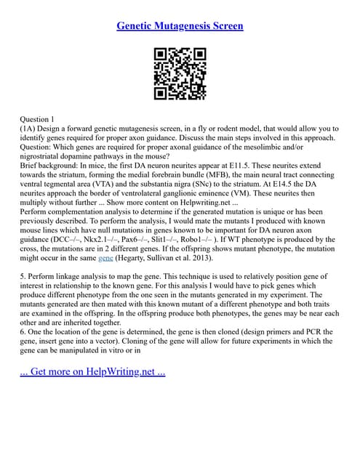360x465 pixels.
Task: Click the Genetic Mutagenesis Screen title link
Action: click(x=180, y=26)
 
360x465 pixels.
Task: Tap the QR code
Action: click(x=180, y=73)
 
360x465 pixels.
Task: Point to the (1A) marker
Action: click(x=30, y=128)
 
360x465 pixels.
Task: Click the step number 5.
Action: click(x=23, y=277)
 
